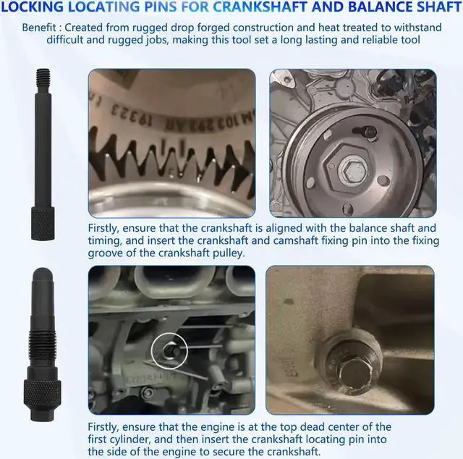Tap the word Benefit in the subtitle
point(39,28)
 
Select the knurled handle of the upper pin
point(43,224)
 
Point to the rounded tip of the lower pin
point(43,274)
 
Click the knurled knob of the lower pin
point(42,393)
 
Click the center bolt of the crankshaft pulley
point(353,171)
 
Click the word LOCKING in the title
point(32,7)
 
